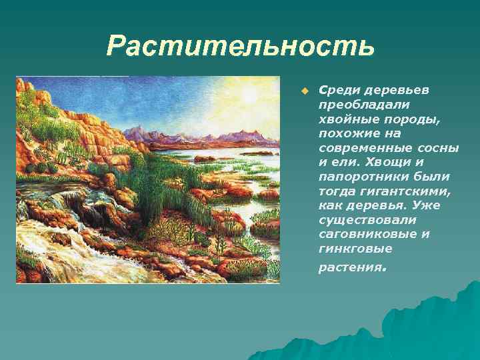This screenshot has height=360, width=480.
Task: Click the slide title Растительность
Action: [240, 47]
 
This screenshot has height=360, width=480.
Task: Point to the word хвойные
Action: [343, 119]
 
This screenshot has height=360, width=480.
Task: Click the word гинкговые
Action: [350, 249]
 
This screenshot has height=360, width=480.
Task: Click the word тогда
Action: [337, 191]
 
